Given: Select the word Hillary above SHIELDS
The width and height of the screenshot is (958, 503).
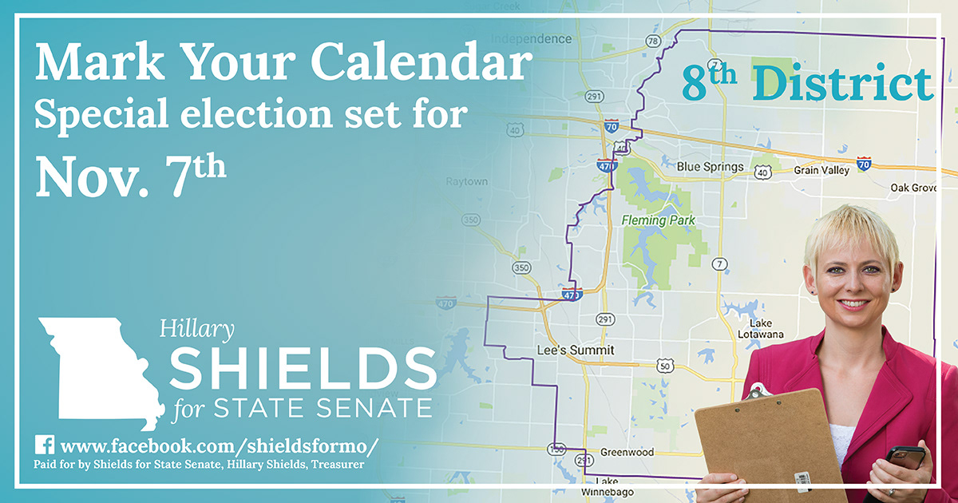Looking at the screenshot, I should (197, 327).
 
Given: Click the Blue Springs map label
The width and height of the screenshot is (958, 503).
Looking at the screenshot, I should (710, 168).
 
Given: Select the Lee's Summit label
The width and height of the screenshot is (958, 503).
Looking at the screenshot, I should (564, 351).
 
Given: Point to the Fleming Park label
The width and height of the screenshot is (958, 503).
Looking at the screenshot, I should (658, 220).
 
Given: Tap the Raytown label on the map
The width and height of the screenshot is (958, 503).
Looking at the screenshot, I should (466, 182).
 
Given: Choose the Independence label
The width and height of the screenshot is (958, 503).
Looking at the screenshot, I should (531, 38).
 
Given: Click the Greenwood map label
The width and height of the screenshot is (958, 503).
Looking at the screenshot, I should (627, 453).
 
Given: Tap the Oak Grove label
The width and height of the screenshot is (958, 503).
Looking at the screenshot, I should (913, 188).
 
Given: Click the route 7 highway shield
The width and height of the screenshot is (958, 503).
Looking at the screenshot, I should (721, 264).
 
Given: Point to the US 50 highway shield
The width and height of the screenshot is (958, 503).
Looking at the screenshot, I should (665, 366).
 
